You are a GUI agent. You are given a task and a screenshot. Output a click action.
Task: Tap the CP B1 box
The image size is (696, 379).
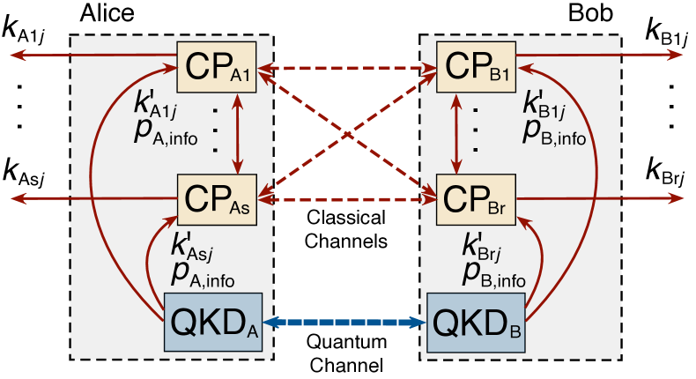click(478, 67)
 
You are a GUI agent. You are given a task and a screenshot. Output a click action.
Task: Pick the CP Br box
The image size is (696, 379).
click(478, 200)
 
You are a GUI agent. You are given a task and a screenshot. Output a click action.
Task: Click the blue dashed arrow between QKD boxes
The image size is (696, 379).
click(345, 323)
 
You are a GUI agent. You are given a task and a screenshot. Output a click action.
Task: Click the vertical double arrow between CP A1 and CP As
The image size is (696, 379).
click(237, 134)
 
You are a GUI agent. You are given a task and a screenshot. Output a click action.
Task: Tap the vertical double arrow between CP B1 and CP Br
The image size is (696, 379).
click(455, 134)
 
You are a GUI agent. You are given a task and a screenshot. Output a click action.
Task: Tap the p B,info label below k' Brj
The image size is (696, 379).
click(493, 273)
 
